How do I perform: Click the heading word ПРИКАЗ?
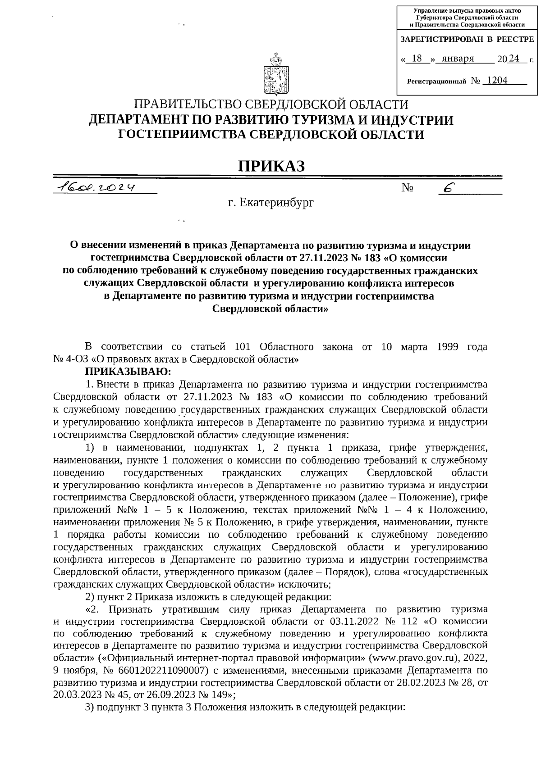(x=271, y=166)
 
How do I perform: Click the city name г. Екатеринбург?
(x=271, y=203)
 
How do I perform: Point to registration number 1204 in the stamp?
(x=497, y=81)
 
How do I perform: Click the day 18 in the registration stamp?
(x=417, y=59)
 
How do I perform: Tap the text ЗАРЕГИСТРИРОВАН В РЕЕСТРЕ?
(x=467, y=40)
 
